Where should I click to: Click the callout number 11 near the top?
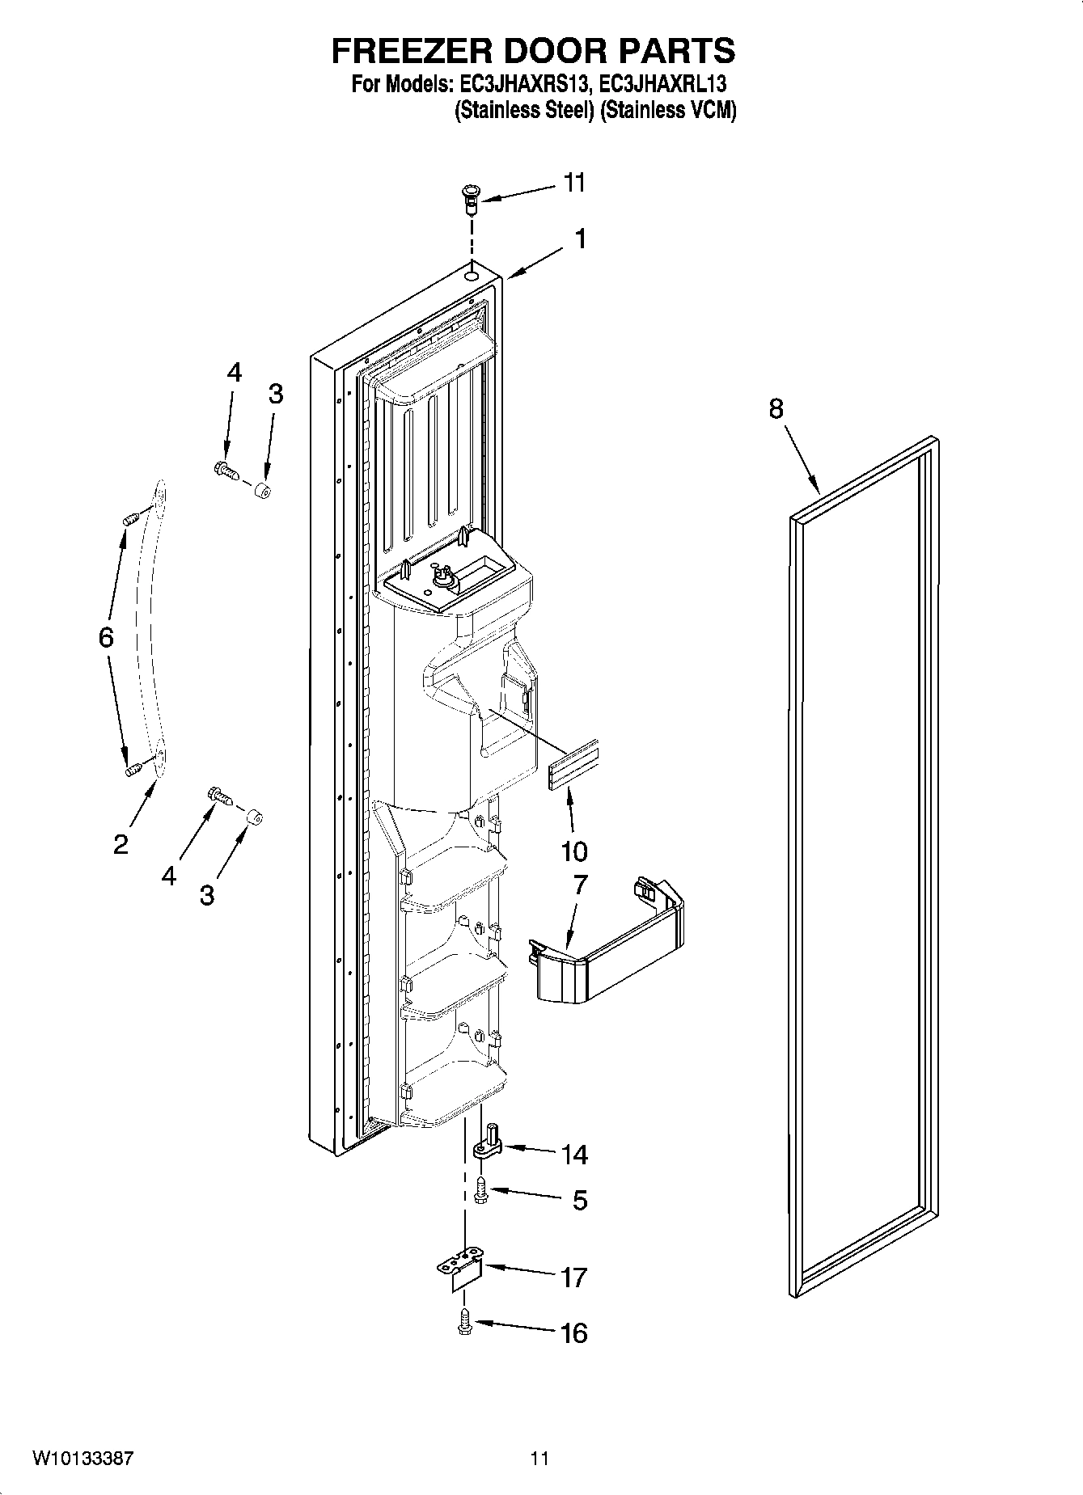(573, 183)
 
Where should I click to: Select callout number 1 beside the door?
(579, 239)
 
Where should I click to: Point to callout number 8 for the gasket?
(776, 409)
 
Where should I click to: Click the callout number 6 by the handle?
(106, 637)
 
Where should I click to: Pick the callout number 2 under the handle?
(121, 845)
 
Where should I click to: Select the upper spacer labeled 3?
(262, 490)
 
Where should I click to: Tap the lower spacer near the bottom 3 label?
(254, 818)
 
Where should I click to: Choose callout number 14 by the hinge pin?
(574, 1154)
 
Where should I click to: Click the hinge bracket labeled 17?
(460, 1270)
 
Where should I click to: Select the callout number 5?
(579, 1200)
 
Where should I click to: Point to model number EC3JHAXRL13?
(662, 83)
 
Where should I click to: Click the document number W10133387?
(82, 1458)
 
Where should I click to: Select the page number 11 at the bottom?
(539, 1458)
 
